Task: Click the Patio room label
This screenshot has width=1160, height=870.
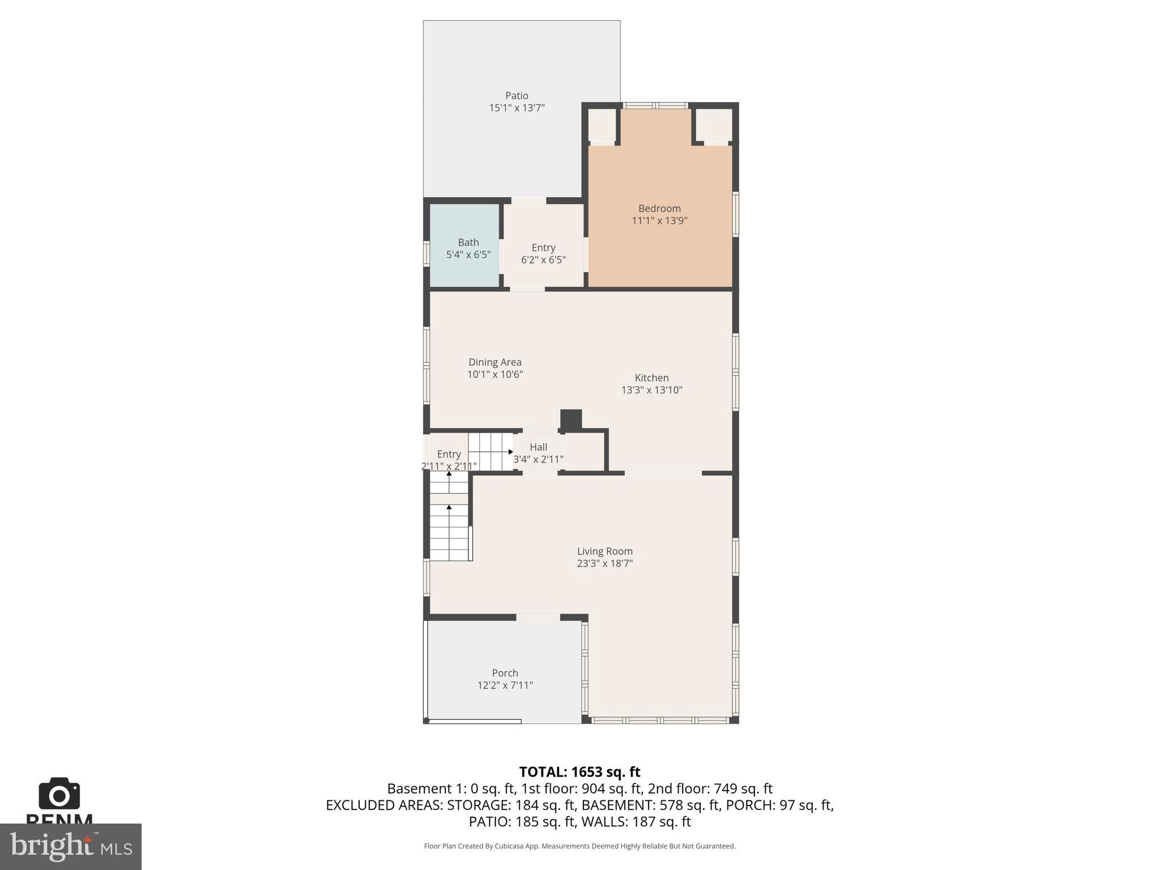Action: point(517,96)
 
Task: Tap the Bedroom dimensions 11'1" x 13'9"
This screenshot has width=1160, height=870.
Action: point(659,221)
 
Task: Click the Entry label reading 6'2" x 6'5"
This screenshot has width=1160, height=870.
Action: point(543,260)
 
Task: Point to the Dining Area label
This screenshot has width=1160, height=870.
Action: point(494,362)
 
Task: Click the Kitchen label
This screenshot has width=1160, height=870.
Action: point(651,378)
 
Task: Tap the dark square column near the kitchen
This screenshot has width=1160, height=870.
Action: point(571,419)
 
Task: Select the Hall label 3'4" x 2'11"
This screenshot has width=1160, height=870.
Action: point(538,459)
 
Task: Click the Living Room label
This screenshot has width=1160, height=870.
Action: point(604,551)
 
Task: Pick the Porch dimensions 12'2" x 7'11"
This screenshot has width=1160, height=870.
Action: point(505,685)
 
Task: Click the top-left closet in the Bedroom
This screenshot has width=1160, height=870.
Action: point(602,125)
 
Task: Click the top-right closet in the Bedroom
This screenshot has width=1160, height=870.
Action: point(713,125)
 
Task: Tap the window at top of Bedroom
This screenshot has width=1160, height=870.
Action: point(655,105)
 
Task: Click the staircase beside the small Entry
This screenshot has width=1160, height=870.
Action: point(491,451)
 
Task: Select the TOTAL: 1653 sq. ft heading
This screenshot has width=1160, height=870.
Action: point(579,772)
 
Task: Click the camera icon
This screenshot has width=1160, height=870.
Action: point(59,794)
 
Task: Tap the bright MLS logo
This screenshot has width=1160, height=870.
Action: point(70,846)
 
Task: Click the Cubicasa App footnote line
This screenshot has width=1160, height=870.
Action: point(579,846)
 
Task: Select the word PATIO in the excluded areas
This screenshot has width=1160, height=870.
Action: point(489,821)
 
